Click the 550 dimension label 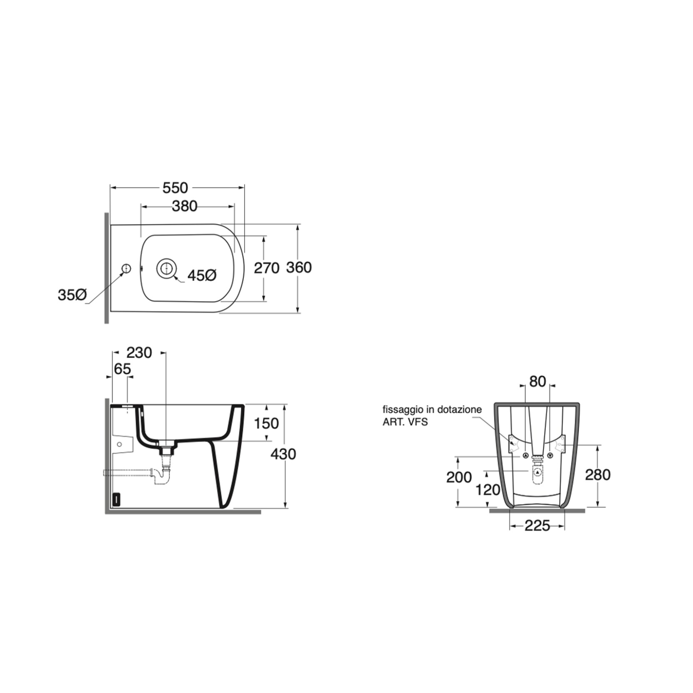[x=175, y=188]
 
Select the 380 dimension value [x=185, y=206]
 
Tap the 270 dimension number [x=267, y=268]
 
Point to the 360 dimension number [x=299, y=268]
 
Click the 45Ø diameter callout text [x=202, y=275]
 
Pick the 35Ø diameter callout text [x=72, y=295]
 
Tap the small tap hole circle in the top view [x=126, y=269]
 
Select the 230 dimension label [x=139, y=353]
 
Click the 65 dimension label [x=122, y=369]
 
